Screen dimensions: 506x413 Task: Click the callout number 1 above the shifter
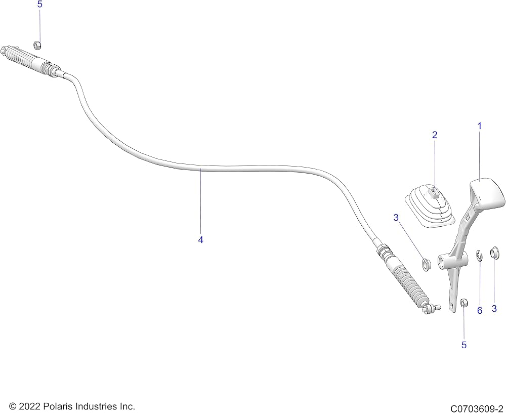[479, 126]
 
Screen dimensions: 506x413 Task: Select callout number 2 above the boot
[435, 135]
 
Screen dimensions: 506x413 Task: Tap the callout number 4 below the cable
[200, 240]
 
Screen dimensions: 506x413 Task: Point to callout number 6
[480, 310]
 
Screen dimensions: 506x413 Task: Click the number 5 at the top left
[39, 5]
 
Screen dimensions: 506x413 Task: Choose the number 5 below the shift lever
[463, 345]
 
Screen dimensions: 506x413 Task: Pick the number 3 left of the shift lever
[396, 218]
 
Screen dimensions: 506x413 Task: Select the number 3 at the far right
[494, 309]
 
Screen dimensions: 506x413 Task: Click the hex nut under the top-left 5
[37, 45]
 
